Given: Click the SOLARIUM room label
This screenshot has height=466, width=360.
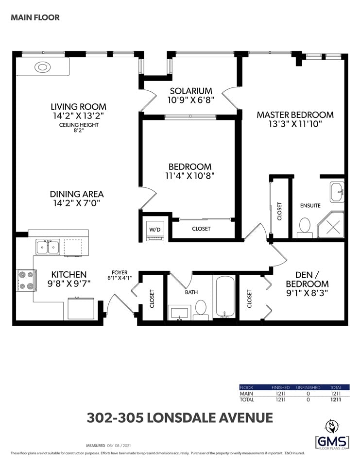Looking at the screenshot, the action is tap(191, 91).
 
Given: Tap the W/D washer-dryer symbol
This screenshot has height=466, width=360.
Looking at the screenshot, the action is tap(154, 230).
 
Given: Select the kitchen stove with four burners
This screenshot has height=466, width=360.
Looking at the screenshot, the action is tap(26, 280).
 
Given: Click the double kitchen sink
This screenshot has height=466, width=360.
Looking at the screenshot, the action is tap(48, 247).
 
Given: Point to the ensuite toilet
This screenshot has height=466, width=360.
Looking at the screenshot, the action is tap(304, 228).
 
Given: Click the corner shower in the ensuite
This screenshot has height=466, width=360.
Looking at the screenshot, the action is tap(330, 225).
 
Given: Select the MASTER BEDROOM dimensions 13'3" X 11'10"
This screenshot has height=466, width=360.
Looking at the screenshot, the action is tap(295, 124).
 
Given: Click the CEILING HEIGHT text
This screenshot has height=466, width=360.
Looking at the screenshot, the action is tap(79, 125).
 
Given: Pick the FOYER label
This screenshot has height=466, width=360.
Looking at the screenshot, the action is tap(120, 272).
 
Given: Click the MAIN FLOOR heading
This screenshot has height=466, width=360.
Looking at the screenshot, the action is tap(35, 17).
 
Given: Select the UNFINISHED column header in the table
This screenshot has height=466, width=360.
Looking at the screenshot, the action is tap(308, 387).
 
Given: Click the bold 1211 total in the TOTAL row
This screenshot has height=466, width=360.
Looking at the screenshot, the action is tap(336, 399).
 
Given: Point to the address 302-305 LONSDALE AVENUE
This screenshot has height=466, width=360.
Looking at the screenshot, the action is tap(180, 417).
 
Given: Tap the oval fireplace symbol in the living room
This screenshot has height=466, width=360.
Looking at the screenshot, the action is tap(43, 67).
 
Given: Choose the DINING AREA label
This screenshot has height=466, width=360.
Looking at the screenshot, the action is tap(77, 194).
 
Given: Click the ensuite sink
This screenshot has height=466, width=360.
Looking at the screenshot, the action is tap(337, 192).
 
